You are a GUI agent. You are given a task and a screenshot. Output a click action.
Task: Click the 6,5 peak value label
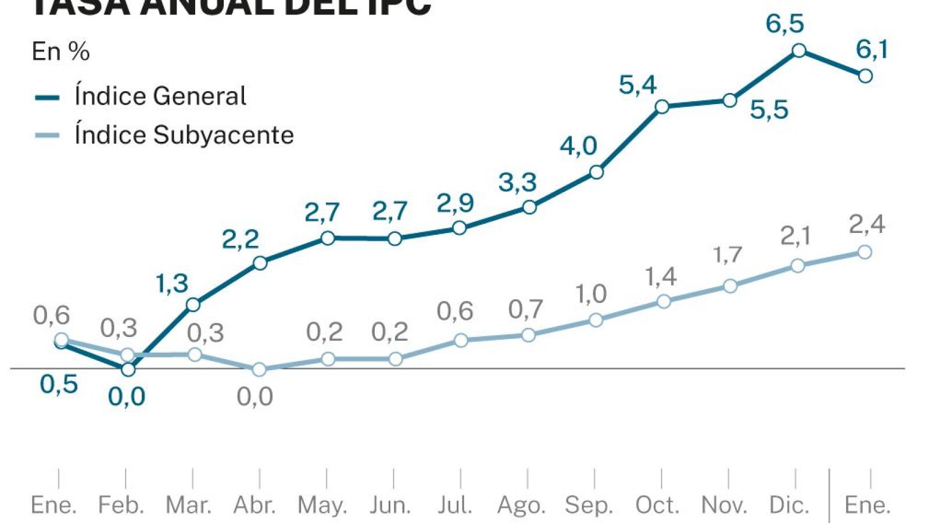click(784, 24)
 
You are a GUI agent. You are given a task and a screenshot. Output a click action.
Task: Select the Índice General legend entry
click(160, 96)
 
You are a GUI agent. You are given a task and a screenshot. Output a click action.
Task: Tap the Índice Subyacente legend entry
click(184, 135)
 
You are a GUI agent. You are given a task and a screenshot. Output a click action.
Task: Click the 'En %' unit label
click(61, 52)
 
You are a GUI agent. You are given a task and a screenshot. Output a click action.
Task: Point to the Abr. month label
click(254, 505)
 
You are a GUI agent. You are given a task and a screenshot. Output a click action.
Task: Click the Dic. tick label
click(789, 505)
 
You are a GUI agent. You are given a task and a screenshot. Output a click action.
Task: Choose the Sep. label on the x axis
click(589, 505)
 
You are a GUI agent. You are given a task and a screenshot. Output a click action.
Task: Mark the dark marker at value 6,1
click(865, 76)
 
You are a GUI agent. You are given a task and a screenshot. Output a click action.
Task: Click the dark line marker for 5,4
click(662, 106)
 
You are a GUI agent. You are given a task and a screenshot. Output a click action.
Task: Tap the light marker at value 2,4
click(865, 252)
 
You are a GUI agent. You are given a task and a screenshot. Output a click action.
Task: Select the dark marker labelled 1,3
click(193, 305)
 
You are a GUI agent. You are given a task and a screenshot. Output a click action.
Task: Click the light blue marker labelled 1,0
click(596, 320)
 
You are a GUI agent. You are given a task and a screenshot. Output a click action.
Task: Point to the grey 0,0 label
click(254, 397)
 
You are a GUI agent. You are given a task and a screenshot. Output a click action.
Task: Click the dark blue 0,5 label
click(59, 384)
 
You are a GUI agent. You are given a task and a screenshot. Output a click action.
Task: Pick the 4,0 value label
click(578, 145)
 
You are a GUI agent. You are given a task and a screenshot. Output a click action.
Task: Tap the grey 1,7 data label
click(727, 255)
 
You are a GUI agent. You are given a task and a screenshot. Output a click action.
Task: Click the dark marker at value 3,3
click(529, 207)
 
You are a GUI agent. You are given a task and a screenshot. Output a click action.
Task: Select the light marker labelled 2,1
click(798, 266)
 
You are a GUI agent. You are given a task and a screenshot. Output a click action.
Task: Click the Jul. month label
click(455, 505)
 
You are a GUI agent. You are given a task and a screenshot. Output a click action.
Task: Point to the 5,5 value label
click(769, 110)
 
